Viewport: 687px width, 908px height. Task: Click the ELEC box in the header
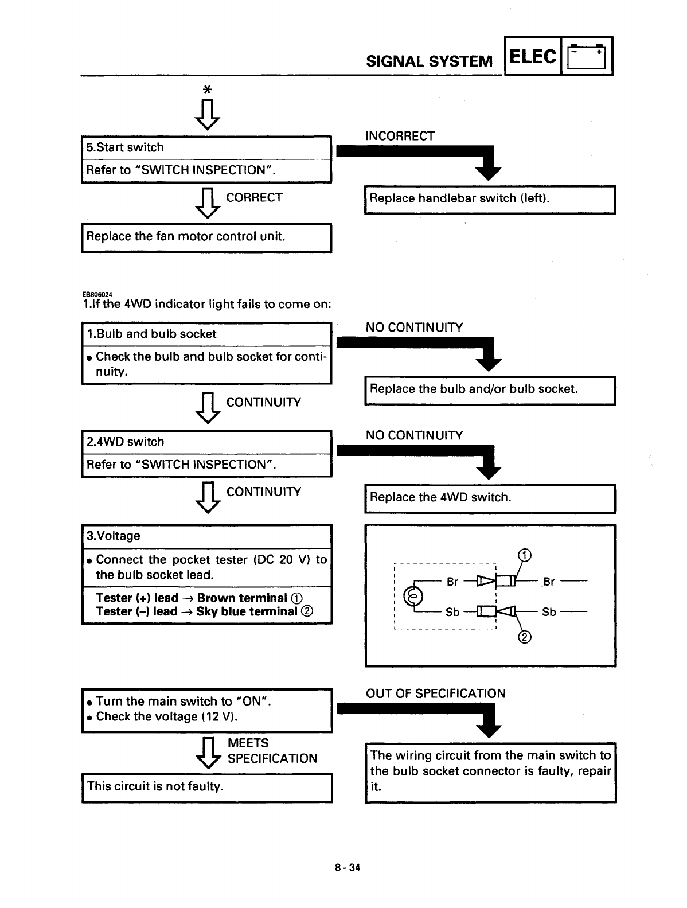click(x=532, y=57)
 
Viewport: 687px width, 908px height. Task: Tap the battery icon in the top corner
click(x=585, y=57)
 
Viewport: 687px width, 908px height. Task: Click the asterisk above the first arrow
click(x=208, y=90)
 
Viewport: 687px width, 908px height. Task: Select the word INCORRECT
click(x=400, y=136)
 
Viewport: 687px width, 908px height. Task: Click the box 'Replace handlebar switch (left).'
click(x=490, y=199)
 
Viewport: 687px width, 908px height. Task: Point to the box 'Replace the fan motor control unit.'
click(x=206, y=237)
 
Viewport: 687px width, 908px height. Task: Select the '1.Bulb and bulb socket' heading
click(x=151, y=334)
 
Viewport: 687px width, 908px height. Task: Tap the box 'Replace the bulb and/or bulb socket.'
click(x=490, y=389)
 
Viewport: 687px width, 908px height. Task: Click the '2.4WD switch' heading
click(x=125, y=442)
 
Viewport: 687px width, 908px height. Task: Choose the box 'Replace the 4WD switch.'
click(x=490, y=498)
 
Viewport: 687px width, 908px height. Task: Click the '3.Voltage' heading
click(x=113, y=536)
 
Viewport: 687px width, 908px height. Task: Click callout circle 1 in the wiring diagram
click(x=524, y=555)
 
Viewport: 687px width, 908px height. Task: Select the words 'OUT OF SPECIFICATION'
click(x=435, y=693)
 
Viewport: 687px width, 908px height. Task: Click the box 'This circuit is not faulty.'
click(x=206, y=787)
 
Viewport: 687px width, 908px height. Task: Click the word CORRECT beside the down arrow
click(x=254, y=198)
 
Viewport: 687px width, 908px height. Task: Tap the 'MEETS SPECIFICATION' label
click(x=272, y=751)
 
